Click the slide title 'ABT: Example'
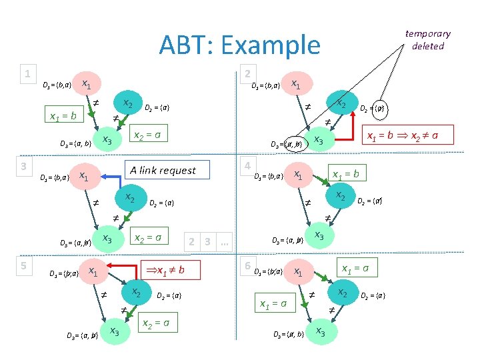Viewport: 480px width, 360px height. coord(239,45)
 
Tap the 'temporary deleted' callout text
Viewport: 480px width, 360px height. coord(427,39)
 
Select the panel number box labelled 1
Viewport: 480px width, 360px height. coord(27,73)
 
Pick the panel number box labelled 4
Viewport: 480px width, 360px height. coord(247,165)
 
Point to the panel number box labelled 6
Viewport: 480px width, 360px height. coord(247,265)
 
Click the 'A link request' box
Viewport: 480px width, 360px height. coord(163,171)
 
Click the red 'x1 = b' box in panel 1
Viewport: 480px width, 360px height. coord(63,115)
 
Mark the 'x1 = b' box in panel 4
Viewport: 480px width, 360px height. coord(346,174)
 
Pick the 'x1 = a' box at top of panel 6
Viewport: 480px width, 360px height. coord(355,268)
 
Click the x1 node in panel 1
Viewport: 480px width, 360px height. coord(87,84)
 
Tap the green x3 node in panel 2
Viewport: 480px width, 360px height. coord(319,141)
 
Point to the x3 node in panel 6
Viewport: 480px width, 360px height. coord(320,331)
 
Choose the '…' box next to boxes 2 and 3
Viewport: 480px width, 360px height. coord(224,241)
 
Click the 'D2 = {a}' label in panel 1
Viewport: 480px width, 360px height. coord(157,107)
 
